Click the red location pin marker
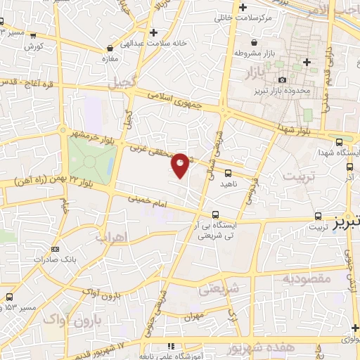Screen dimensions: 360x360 (x=181, y=165)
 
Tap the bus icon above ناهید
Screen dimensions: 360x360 (x=228, y=172)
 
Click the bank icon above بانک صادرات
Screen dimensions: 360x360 (x=56, y=248)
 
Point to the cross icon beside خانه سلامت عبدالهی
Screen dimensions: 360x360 (x=153, y=32)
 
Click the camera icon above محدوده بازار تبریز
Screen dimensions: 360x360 (x=282, y=81)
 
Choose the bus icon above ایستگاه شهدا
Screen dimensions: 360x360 (x=340, y=142)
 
